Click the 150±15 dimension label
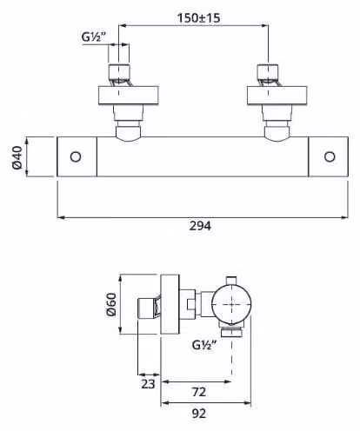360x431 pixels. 198,17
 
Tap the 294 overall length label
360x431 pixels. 200,226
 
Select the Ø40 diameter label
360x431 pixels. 17,157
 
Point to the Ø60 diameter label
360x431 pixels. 111,304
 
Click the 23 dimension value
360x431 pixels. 148,384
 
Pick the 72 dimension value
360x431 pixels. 199,392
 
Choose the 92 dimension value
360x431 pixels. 199,414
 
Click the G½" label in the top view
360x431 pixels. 93,37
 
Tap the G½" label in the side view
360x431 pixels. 204,345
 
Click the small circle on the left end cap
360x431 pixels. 76,156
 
